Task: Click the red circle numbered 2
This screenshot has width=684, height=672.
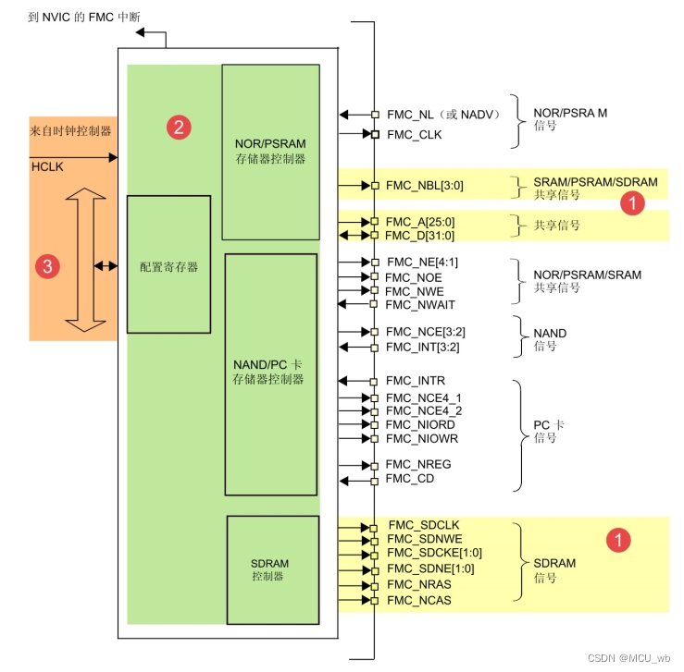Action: [179, 128]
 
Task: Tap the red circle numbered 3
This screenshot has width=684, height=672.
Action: [47, 266]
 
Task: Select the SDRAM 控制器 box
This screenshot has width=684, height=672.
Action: [273, 569]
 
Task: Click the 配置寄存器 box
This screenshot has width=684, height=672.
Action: [168, 264]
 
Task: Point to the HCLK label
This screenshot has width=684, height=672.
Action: [47, 166]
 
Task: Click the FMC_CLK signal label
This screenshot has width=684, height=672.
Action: [415, 135]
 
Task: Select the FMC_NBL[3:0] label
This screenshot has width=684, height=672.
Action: [425, 186]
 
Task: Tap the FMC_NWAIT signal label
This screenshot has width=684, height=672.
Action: [420, 304]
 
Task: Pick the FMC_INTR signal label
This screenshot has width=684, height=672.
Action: [416, 381]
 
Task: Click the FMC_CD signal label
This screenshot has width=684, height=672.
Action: [410, 479]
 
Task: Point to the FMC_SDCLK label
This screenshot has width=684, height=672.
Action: [424, 525]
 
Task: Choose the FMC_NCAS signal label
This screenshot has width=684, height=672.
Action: [418, 600]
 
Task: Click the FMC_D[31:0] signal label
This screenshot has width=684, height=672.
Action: [419, 236]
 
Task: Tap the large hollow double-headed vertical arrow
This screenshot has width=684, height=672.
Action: [85, 260]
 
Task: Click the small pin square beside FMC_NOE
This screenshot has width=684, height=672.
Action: [374, 276]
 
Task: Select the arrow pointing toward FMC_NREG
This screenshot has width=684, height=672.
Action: [355, 466]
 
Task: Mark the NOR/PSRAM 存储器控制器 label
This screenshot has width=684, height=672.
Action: [270, 151]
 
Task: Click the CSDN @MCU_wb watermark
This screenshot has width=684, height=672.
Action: [628, 657]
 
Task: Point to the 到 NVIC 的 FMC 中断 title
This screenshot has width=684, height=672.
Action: [84, 17]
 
